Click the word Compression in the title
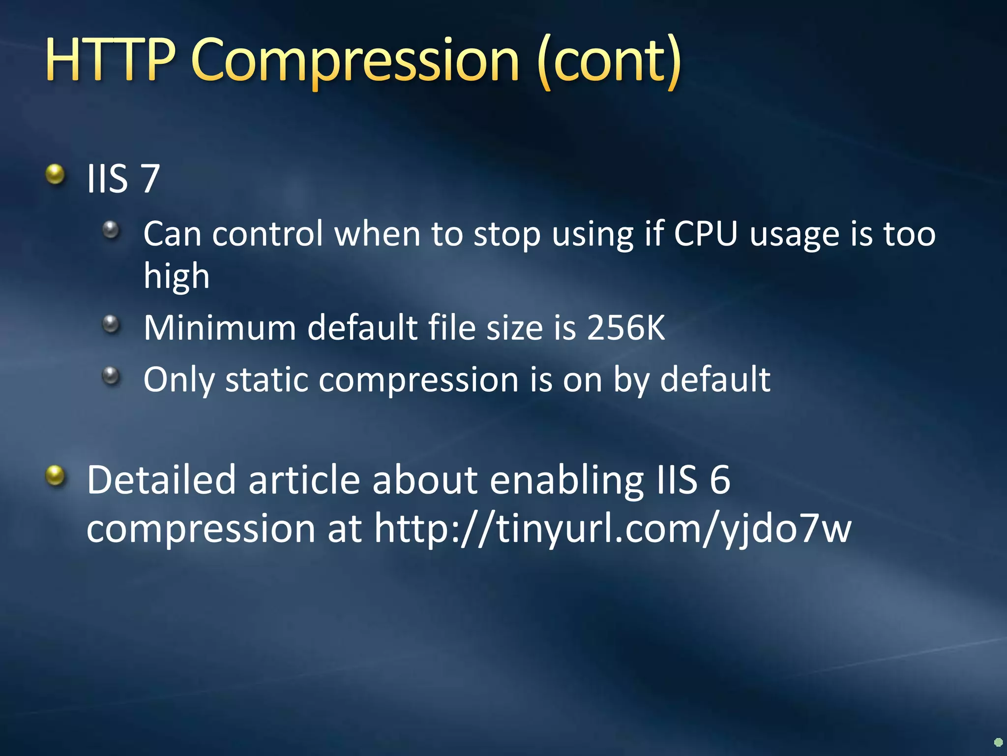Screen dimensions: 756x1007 pyautogui.click(x=355, y=62)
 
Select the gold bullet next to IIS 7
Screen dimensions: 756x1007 pyautogui.click(x=55, y=174)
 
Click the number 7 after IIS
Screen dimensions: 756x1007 pyautogui.click(x=150, y=178)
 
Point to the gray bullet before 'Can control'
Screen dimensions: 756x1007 pyautogui.click(x=111, y=230)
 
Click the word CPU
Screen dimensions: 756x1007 pyautogui.click(x=706, y=234)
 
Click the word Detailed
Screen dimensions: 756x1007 pyautogui.click(x=161, y=480)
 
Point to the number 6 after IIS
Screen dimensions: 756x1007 pyautogui.click(x=720, y=480)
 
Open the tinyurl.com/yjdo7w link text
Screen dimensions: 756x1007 pyautogui.click(x=612, y=529)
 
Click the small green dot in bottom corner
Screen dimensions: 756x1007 pyautogui.click(x=998, y=742)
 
